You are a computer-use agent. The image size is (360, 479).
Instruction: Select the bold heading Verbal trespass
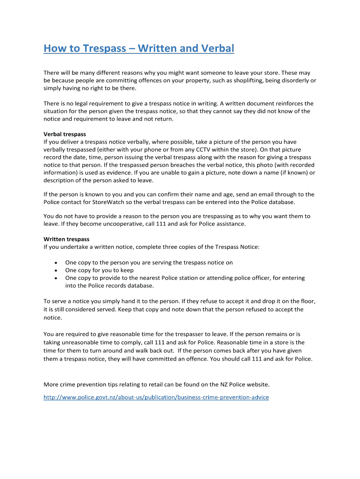click(65, 134)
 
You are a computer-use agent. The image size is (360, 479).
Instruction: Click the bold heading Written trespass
click(66, 239)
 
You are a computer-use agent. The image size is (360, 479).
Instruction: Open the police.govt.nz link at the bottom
click(156, 397)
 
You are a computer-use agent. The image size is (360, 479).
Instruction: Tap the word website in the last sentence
click(256, 385)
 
